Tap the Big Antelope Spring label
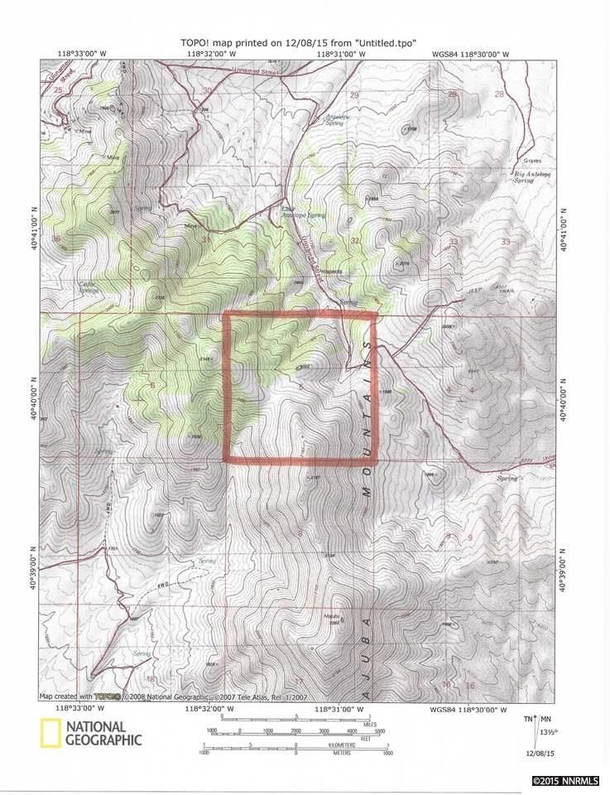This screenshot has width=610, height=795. coord(535,176)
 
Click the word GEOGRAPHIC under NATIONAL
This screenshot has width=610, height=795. coord(103,740)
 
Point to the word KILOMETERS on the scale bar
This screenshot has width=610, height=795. coord(340,745)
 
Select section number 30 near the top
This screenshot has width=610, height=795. coord(207,90)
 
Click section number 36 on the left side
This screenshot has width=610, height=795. coord(56,239)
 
